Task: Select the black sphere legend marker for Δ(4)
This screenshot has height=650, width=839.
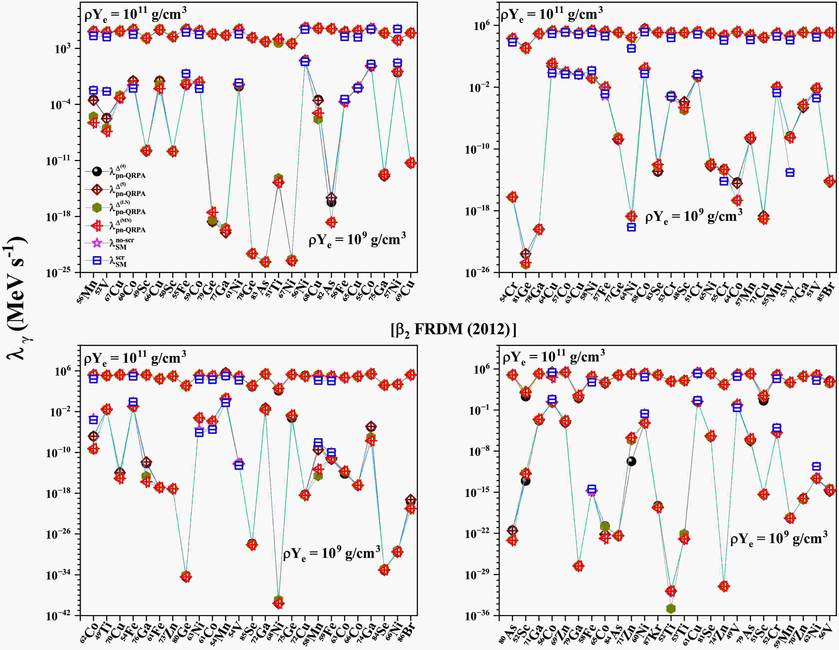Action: [x=97, y=171]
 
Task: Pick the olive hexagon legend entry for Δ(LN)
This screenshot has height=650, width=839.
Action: [x=97, y=208]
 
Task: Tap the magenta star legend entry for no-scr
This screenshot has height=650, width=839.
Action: [x=97, y=243]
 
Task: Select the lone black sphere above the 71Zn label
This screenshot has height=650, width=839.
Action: [x=631, y=461]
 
